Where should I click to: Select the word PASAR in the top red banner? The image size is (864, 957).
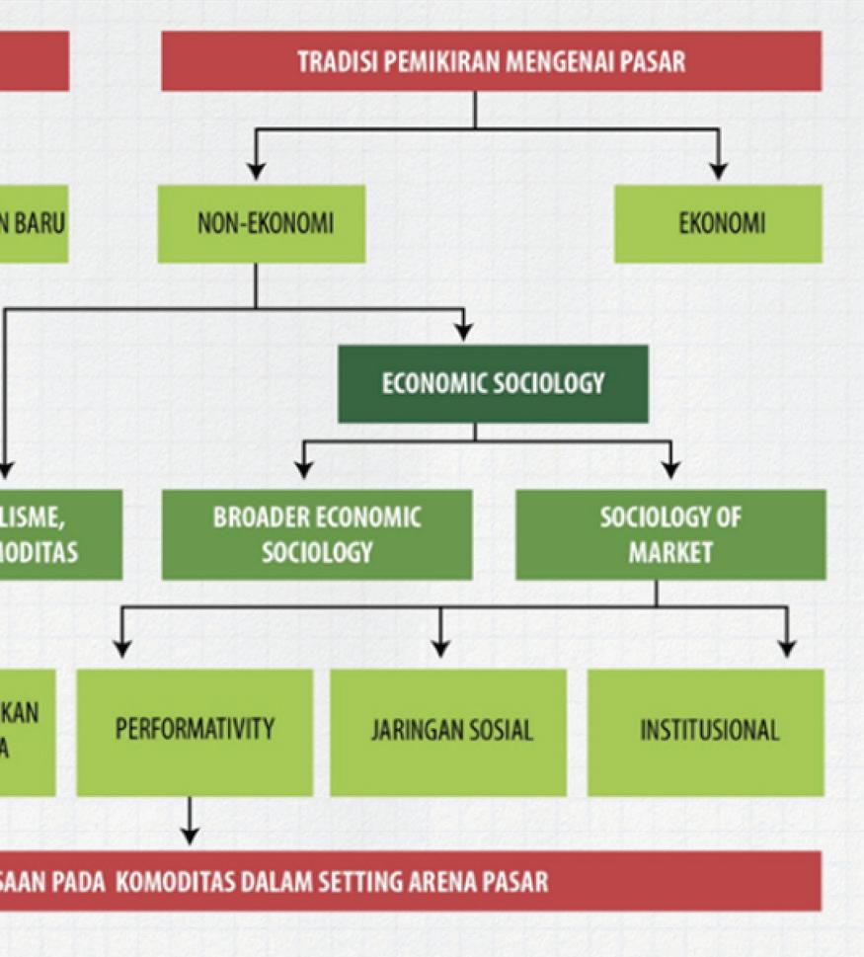click(655, 61)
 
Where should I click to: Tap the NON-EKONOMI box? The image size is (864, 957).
click(262, 224)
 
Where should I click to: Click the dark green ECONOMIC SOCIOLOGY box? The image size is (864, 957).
click(493, 383)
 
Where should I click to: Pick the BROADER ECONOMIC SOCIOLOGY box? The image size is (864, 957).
click(317, 534)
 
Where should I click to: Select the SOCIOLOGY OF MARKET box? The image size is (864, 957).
click(670, 534)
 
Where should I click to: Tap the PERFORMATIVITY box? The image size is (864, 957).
click(195, 731)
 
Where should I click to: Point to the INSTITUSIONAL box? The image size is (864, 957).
click(708, 731)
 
